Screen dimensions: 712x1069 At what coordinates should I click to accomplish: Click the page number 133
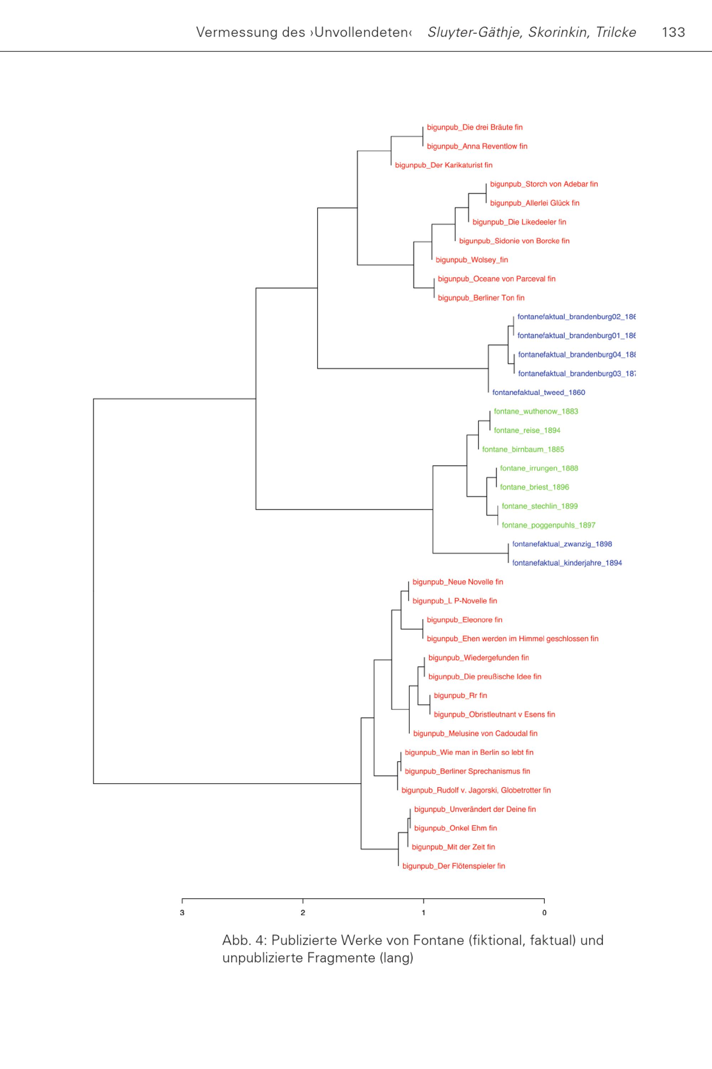674,32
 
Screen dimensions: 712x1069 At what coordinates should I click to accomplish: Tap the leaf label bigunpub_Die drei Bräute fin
475,127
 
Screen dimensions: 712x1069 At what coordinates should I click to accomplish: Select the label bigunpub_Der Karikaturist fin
444,165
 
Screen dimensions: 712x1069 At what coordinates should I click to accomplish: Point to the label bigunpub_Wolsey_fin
472,260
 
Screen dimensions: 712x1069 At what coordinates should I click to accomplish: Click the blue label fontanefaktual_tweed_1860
539,393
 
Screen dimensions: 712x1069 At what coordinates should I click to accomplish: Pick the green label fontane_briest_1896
534,487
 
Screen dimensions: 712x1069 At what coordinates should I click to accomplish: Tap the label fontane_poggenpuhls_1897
549,525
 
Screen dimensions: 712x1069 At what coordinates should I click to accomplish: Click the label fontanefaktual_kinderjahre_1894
567,563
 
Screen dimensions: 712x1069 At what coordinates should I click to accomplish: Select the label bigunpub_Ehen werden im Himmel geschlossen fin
513,639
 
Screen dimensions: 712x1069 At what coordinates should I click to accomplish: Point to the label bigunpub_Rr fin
460,696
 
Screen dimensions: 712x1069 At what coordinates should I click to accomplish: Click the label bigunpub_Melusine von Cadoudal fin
475,733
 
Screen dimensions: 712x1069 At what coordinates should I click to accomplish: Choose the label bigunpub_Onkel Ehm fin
455,828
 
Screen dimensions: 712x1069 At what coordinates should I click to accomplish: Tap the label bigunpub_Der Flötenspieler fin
454,866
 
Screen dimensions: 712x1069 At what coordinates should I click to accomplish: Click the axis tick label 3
182,913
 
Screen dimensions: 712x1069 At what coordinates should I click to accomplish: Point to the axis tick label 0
544,913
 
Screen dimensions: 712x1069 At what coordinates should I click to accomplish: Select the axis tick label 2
303,913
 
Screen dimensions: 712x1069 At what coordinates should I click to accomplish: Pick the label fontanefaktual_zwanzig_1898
562,544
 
